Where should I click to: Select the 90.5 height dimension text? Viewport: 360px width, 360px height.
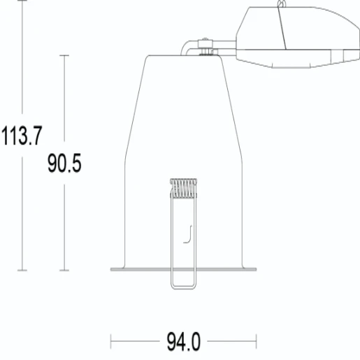click(64, 164)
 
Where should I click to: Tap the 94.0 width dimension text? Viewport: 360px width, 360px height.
click(183, 343)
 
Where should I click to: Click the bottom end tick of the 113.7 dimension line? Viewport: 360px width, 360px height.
click(23, 270)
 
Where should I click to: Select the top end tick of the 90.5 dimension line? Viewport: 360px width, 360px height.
click(65, 55)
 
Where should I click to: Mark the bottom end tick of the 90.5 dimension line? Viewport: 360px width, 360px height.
click(65, 270)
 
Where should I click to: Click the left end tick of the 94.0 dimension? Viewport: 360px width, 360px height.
click(112, 343)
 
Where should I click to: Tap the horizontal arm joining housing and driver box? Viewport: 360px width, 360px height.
click(224, 48)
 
